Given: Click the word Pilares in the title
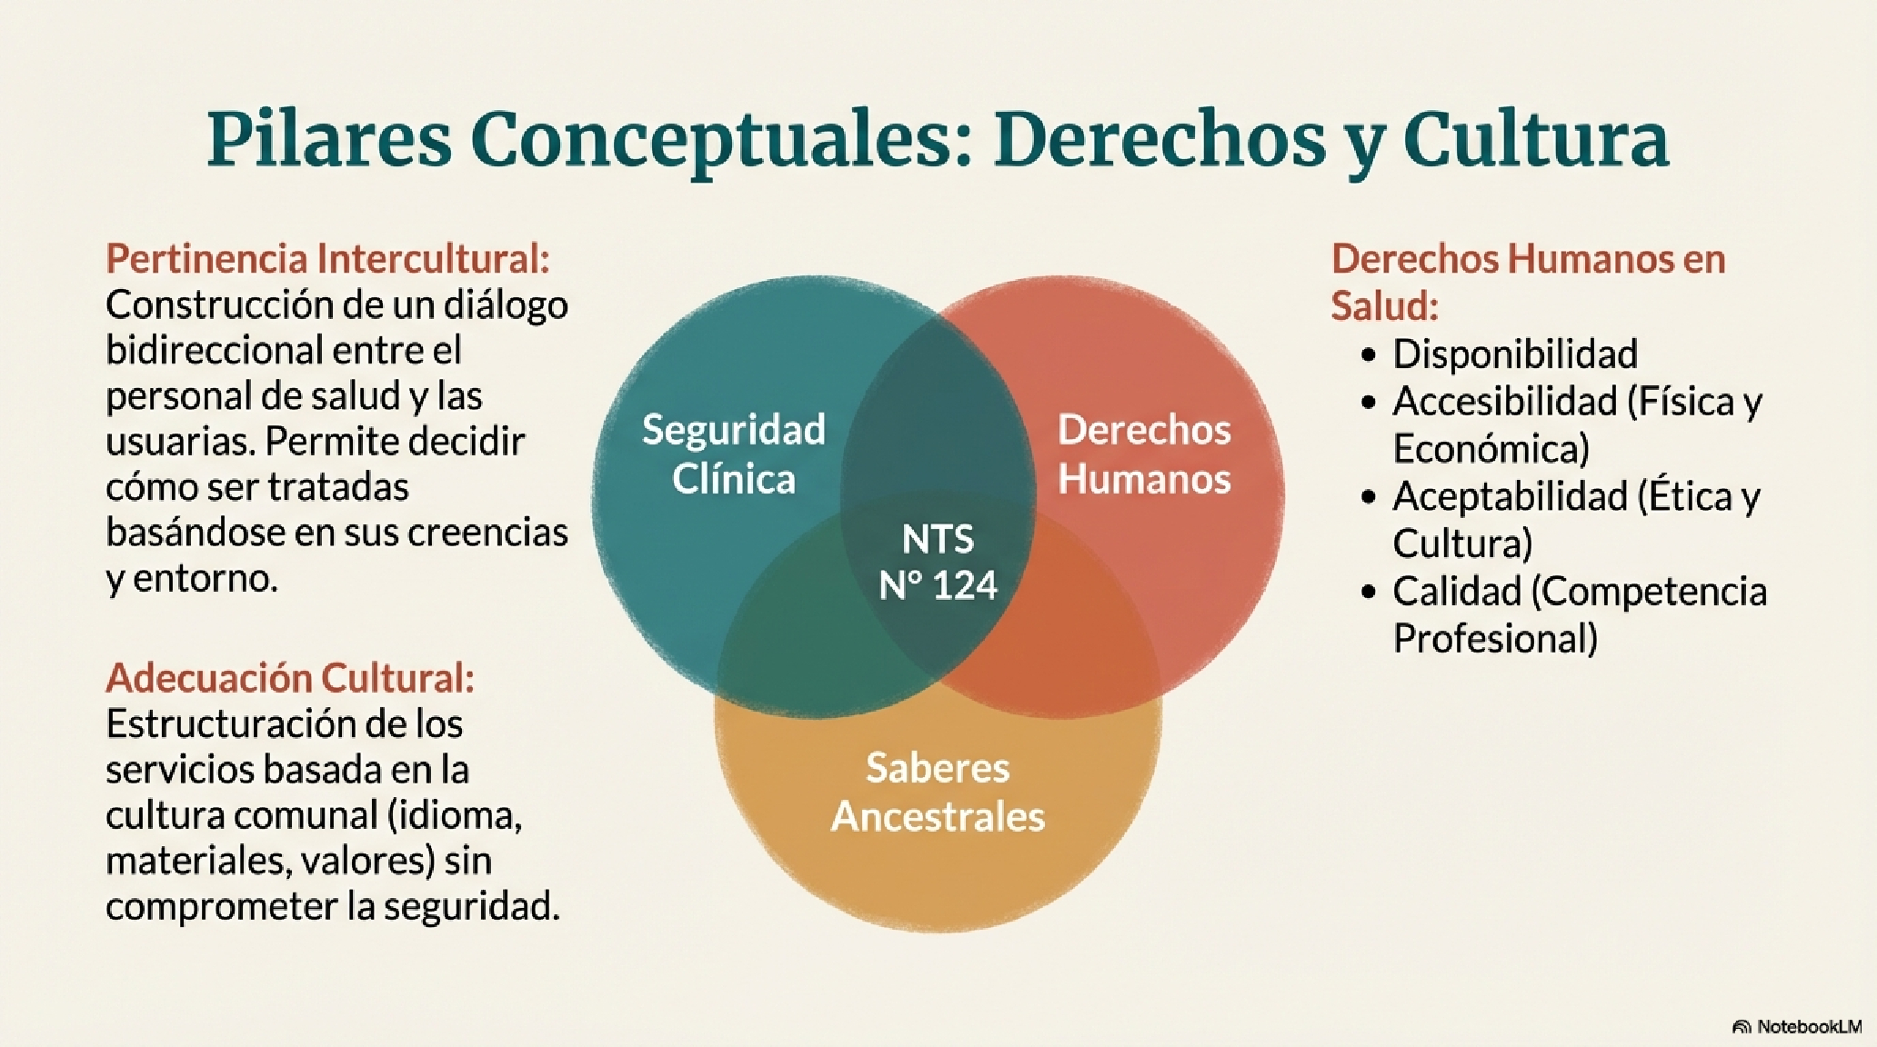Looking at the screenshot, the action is [x=329, y=141].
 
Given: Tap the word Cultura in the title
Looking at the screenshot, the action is [x=1536, y=141].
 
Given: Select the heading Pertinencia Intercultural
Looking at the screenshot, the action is [x=328, y=259].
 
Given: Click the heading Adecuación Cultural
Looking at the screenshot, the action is [x=290, y=678].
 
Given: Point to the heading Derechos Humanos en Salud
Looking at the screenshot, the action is [x=1528, y=283].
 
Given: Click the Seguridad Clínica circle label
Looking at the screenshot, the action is [x=734, y=454].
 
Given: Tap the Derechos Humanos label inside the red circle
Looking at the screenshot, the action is [x=1144, y=454].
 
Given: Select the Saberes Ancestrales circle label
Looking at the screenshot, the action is [x=938, y=792].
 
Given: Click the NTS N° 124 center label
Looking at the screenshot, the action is [x=938, y=562].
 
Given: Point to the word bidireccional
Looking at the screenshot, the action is [x=214, y=350].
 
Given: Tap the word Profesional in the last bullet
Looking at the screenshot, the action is [x=1495, y=639].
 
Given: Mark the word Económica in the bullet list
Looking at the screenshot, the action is [x=1491, y=449].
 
